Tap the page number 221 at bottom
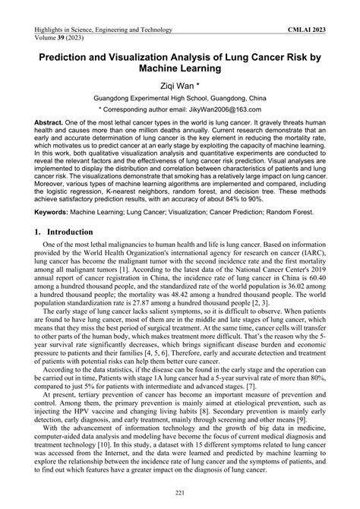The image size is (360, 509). (180, 495)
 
